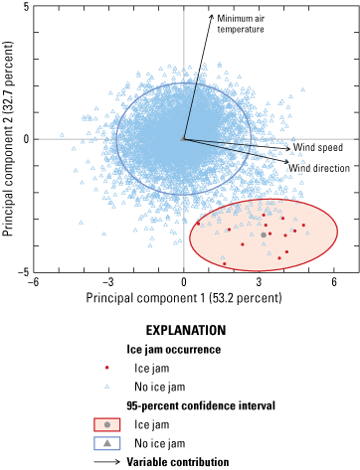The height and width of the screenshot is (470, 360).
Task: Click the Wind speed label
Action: click(x=317, y=147)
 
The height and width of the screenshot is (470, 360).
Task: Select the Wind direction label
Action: click(x=318, y=168)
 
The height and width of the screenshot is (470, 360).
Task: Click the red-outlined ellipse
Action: click(x=264, y=235)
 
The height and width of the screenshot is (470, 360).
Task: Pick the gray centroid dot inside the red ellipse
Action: click(x=264, y=235)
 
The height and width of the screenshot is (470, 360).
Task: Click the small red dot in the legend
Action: click(x=107, y=368)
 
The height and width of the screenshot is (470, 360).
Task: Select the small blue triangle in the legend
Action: click(x=107, y=386)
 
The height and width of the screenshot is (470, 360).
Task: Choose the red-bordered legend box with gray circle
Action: click(x=107, y=424)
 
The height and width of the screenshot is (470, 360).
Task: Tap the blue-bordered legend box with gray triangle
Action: click(x=107, y=443)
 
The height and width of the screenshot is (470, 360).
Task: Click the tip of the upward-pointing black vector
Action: click(x=211, y=17)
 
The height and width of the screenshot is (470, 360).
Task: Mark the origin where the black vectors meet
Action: click(x=184, y=139)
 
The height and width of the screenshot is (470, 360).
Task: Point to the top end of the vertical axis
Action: click(x=184, y=11)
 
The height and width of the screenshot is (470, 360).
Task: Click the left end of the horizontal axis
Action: click(x=40, y=139)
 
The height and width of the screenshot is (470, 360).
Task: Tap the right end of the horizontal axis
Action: click(x=354, y=139)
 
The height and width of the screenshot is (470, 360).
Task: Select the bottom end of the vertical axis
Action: click(x=184, y=266)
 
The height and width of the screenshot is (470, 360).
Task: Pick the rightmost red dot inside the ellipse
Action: click(x=303, y=225)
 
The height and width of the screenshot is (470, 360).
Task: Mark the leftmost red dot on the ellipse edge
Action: click(x=198, y=224)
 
